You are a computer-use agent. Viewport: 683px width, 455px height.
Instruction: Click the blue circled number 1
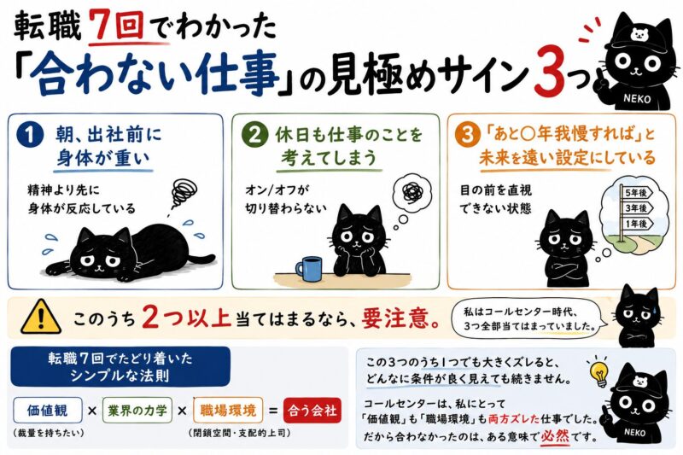tap(30, 135)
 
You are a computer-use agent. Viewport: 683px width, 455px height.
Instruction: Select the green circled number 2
tap(254, 134)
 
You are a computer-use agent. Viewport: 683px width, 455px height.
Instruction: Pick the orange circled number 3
tap(467, 134)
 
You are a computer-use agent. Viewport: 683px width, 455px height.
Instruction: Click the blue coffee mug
tap(310, 269)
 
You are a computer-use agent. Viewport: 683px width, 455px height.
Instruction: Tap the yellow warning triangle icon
tap(40, 317)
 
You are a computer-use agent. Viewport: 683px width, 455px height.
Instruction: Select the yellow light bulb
tap(599, 374)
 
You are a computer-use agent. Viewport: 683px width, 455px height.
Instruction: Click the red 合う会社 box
tap(312, 410)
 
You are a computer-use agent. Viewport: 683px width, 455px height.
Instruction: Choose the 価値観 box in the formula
tap(48, 410)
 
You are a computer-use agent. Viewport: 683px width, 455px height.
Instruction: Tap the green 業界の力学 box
tap(137, 410)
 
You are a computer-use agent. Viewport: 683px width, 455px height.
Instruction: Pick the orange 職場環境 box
tap(228, 410)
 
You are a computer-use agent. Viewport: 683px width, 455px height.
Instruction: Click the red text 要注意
tap(400, 318)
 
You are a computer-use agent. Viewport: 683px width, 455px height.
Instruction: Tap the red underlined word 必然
tap(555, 436)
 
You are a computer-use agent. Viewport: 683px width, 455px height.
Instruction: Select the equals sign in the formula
tap(273, 411)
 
